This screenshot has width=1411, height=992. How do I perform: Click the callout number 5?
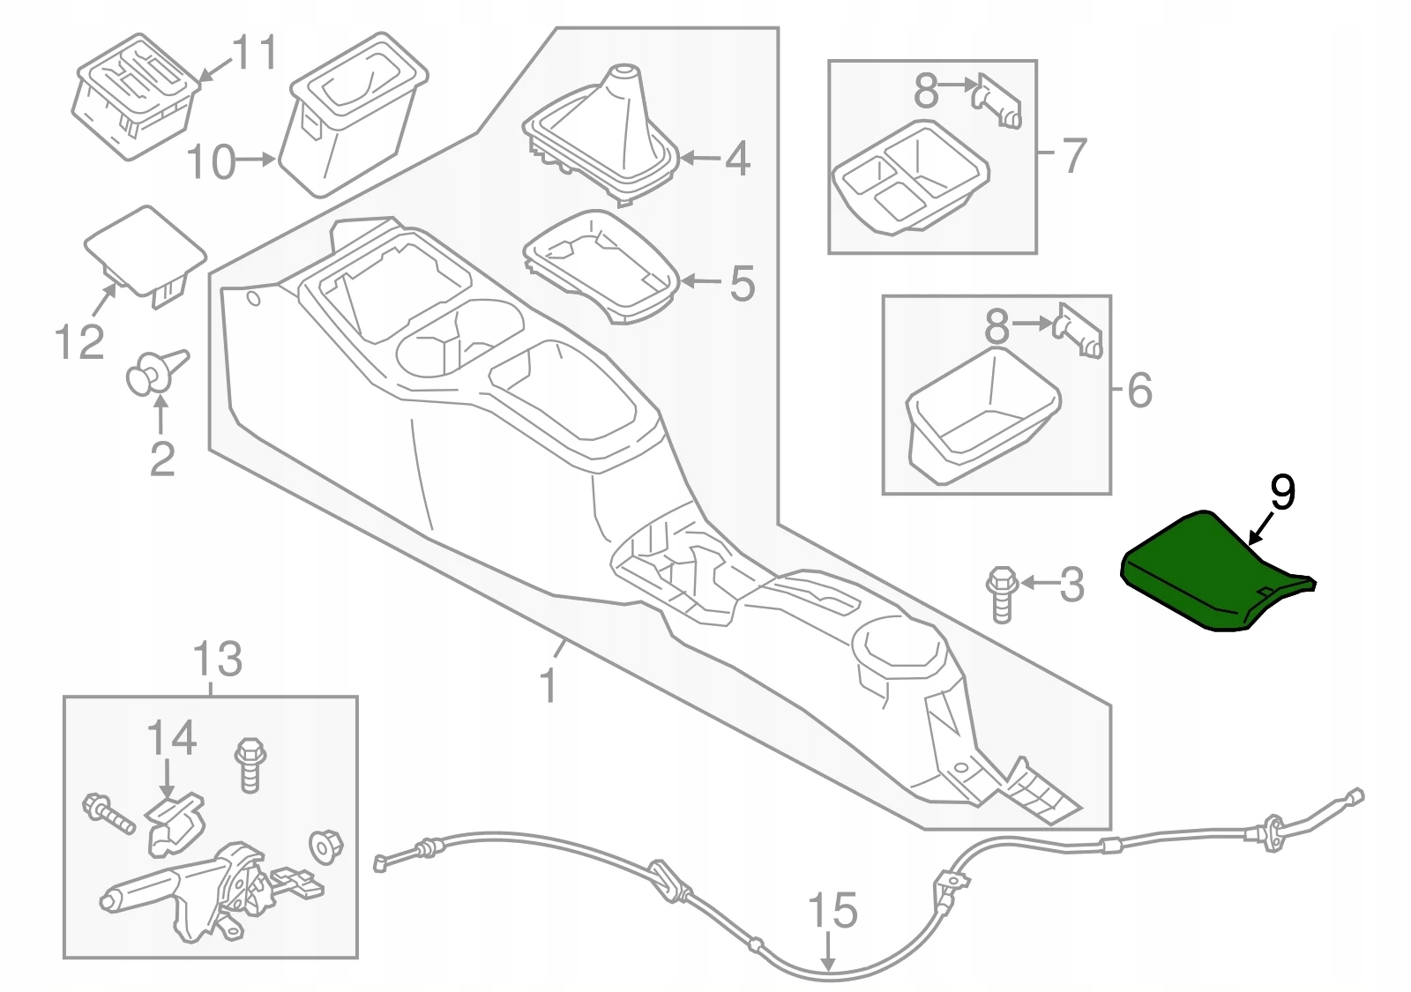coord(742,283)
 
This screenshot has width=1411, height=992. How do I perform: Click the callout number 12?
coord(79,341)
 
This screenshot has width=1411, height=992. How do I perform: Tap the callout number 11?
coord(254,52)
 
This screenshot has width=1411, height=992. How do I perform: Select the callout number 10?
coord(212,162)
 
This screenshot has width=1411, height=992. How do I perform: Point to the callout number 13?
coord(217,659)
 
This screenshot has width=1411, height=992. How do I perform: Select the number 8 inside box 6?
coord(997,326)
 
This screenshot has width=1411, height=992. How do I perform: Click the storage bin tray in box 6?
coord(979,414)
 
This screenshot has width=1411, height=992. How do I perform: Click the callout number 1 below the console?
coord(548,684)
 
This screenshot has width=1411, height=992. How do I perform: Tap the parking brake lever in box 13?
coord(194,891)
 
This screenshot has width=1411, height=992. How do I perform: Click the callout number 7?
coord(1073,155)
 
